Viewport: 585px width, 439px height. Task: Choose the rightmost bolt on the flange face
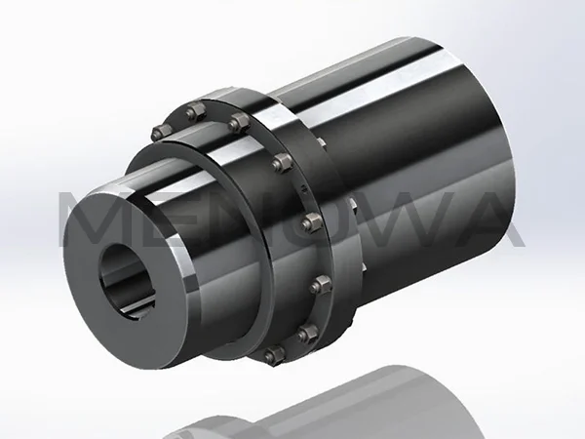(x=322, y=286)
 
